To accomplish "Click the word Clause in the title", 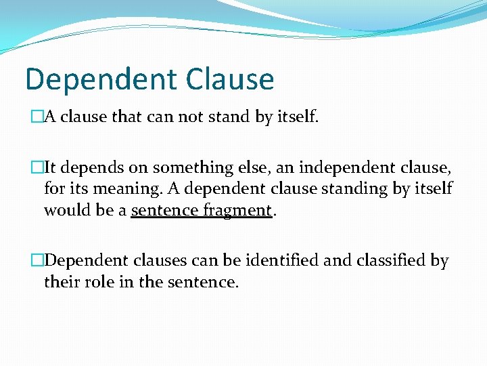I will pyautogui.click(x=229, y=79).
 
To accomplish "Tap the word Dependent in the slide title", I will pyautogui.click(x=99, y=79).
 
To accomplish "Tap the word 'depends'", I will pyautogui.click(x=94, y=167).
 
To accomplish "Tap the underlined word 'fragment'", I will pyautogui.click(x=237, y=211).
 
